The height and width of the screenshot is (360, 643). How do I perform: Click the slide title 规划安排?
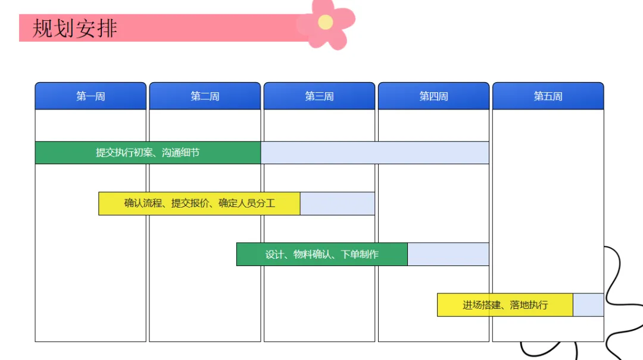(75, 28)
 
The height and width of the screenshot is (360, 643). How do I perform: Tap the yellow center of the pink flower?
(325, 22)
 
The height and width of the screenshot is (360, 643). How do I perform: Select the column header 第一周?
(90, 96)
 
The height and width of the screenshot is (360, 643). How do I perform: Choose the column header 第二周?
(205, 96)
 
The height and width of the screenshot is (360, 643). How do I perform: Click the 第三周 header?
(319, 96)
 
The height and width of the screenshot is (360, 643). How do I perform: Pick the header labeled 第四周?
(433, 96)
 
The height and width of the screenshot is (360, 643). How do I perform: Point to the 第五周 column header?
(548, 96)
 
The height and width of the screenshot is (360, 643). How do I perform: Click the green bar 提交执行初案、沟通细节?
(148, 152)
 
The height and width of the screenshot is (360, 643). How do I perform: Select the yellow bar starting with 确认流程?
(199, 204)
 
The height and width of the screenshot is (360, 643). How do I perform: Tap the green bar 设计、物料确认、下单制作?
(322, 254)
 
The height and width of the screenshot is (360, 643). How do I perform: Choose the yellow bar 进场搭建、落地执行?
(505, 305)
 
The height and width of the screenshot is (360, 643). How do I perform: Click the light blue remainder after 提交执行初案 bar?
(375, 152)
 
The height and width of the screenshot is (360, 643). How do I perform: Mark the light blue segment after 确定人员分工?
(338, 204)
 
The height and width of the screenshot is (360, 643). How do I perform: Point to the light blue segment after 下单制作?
(448, 254)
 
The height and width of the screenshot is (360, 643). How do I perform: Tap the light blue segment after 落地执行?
(588, 305)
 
